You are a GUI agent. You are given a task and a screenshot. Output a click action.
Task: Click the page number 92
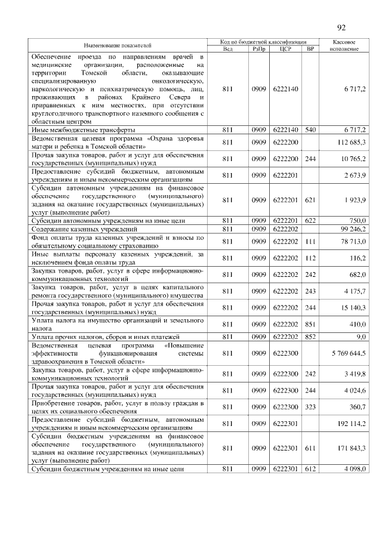click(341, 27)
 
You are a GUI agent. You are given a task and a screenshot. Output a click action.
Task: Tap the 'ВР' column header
click(310, 49)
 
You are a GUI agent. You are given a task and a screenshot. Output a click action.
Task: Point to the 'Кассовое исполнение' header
click(344, 45)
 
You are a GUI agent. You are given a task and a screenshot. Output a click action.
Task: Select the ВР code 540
click(310, 129)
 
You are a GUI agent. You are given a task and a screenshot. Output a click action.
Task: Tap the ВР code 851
click(310, 325)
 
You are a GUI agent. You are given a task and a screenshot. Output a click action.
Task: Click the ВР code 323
click(310, 406)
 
